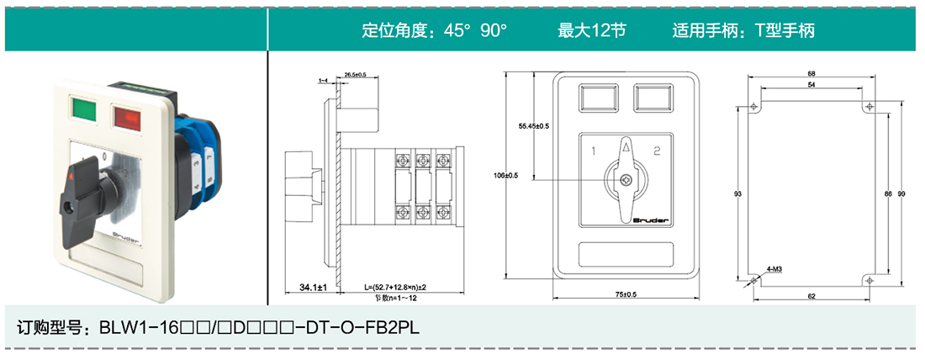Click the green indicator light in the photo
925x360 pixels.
[85, 109]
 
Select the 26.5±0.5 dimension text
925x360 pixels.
[356, 76]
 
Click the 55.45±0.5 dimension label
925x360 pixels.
[533, 125]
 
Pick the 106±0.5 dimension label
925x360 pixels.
[506, 175]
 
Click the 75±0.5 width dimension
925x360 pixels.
[624, 294]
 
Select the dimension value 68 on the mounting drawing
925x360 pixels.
[811, 72]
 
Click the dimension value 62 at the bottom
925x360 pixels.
[811, 295]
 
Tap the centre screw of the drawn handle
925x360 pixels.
[625, 180]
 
